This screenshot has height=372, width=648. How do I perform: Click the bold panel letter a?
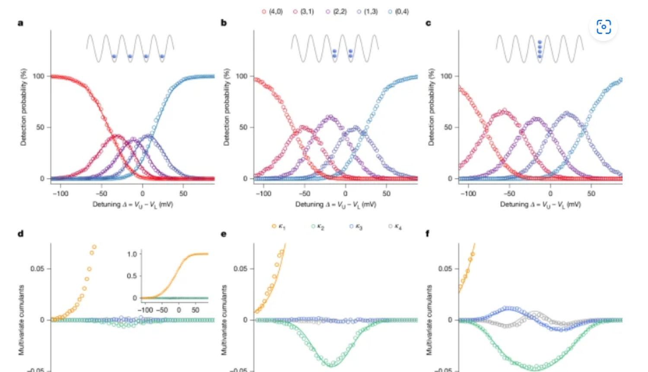(20, 23)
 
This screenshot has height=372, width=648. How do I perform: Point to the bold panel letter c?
(428, 23)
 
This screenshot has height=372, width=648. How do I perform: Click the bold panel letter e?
(223, 234)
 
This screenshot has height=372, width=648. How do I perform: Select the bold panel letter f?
(428, 234)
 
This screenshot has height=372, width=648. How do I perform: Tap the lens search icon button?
(604, 27)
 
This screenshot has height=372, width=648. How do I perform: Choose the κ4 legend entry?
(395, 226)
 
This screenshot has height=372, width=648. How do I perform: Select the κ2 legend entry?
(317, 226)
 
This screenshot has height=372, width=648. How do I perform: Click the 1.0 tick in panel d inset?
(132, 254)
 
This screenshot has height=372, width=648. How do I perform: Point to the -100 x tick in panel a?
(60, 193)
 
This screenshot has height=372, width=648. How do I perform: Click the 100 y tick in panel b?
(241, 76)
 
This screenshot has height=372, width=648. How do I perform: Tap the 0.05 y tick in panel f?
(445, 269)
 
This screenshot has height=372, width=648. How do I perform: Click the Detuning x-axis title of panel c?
(540, 204)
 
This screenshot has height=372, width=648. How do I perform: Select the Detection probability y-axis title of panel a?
(23, 107)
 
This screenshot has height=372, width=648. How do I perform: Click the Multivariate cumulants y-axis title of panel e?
(224, 320)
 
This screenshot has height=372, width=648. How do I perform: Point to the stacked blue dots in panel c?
(540, 49)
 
